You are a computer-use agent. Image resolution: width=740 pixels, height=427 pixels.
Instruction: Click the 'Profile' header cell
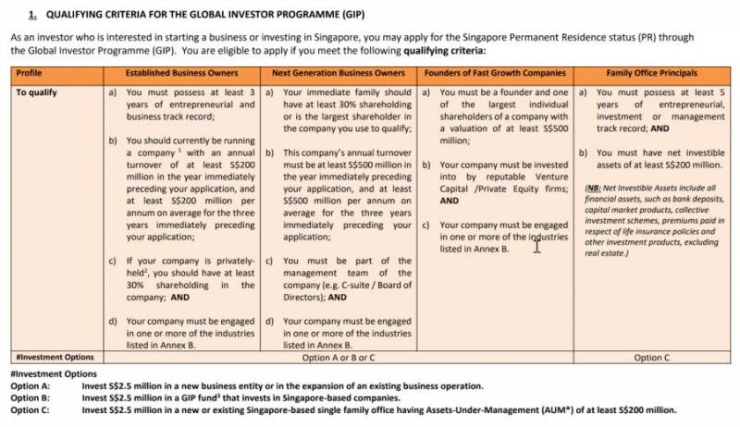(x=30, y=72)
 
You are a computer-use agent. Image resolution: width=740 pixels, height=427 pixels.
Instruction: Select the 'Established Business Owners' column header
(x=182, y=72)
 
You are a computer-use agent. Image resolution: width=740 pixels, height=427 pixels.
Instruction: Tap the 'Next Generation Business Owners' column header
(x=339, y=72)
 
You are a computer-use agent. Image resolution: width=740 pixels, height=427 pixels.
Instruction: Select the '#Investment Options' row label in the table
(x=55, y=357)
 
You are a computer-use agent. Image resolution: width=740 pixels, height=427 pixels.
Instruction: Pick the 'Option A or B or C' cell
(x=339, y=357)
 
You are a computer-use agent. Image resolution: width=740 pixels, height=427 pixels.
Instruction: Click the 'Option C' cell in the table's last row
(x=652, y=357)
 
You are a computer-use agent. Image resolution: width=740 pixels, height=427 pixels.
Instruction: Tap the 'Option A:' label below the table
(x=31, y=385)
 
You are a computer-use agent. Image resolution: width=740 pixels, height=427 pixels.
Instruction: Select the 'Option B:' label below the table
(x=31, y=397)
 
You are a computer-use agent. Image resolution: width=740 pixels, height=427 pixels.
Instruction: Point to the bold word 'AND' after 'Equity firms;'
(x=450, y=200)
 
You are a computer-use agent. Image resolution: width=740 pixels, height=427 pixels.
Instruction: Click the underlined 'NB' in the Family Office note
(x=593, y=187)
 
